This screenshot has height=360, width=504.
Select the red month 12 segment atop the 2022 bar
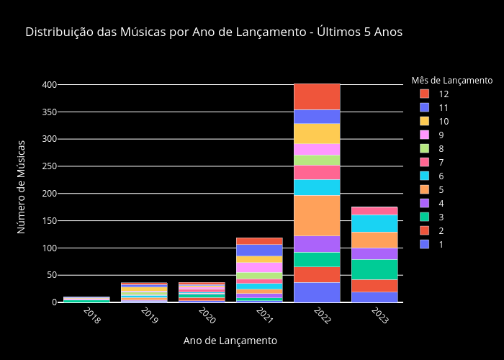[x=317, y=96]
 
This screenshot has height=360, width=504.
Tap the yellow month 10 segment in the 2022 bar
[x=317, y=133]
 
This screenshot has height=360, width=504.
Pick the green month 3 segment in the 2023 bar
[x=374, y=269]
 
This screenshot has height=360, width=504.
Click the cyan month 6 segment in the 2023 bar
[x=374, y=223]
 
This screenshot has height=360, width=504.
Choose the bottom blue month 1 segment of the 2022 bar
[x=317, y=292]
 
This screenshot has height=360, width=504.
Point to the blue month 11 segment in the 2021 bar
[x=259, y=250]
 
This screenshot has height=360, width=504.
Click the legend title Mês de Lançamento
[x=451, y=80]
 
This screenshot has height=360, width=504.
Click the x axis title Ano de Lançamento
[x=230, y=341]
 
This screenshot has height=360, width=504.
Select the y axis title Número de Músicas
[x=22, y=186]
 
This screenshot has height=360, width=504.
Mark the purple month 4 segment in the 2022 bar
[x=317, y=244]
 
